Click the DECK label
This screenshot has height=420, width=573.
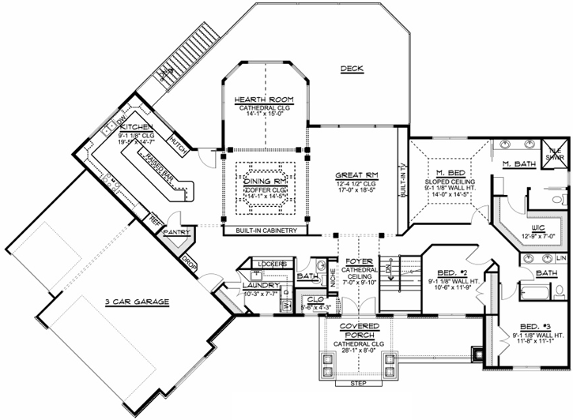click(352, 69)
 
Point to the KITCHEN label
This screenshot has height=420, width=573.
click(135, 127)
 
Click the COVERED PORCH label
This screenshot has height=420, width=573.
click(359, 331)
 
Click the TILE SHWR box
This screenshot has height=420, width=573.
click(554, 152)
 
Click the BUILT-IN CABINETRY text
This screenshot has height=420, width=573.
click(265, 231)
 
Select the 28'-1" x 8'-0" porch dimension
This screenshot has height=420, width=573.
click(359, 351)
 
